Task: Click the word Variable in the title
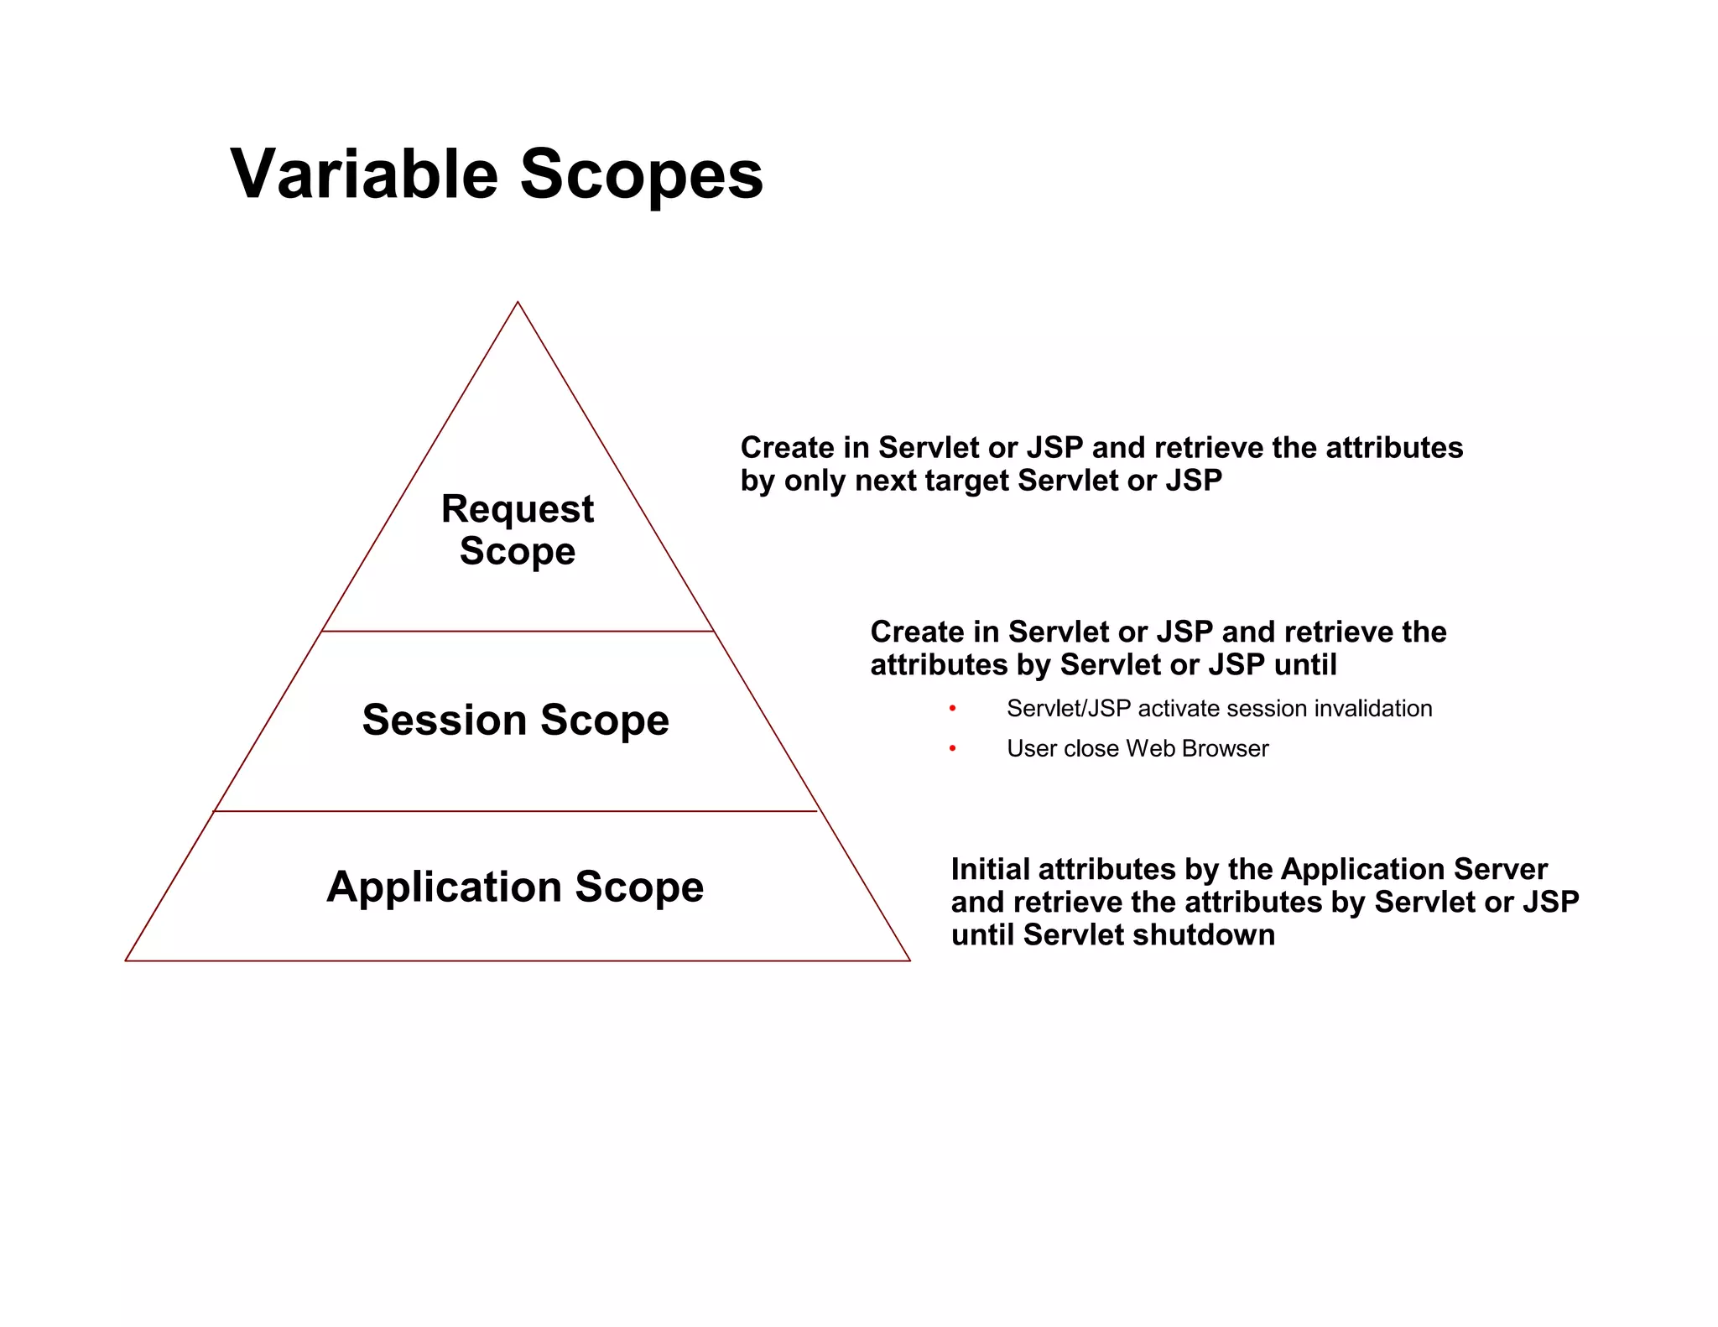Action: (x=364, y=174)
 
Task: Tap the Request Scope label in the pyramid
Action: (x=518, y=529)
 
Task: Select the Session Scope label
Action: (x=515, y=720)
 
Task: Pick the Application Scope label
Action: (x=515, y=887)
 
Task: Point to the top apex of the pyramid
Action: (x=518, y=303)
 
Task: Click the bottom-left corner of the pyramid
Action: (x=127, y=960)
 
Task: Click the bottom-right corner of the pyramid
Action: (x=909, y=960)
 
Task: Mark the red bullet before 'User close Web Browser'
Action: (x=952, y=748)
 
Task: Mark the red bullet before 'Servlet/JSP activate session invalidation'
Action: (x=952, y=709)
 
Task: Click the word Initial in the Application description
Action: (x=990, y=869)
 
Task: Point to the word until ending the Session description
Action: (x=1304, y=665)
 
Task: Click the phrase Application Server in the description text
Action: (x=1413, y=869)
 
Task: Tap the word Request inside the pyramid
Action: (x=518, y=508)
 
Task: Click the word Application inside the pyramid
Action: (x=444, y=887)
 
